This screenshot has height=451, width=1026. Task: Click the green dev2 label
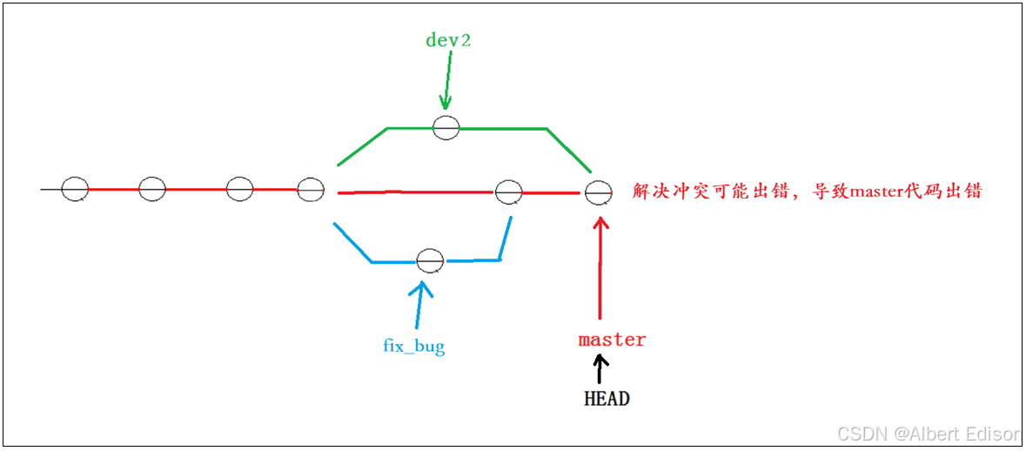[x=448, y=40]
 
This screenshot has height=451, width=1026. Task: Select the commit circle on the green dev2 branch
[x=446, y=127]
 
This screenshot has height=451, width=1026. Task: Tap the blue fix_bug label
[x=414, y=347]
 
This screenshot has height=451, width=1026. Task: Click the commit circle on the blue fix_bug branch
[x=430, y=259]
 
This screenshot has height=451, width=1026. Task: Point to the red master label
[x=612, y=340]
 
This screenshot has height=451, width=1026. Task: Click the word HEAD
[x=607, y=400]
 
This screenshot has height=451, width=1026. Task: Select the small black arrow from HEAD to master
[x=599, y=372]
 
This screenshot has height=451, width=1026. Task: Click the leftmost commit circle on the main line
[x=76, y=188]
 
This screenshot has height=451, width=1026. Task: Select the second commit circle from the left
[x=152, y=188]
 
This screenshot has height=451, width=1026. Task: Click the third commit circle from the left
[x=239, y=188]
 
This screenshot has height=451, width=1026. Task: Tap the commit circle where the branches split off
[x=311, y=189]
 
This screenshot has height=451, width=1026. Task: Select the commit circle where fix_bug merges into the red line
[x=508, y=192]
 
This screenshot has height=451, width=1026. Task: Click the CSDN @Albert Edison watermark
[x=927, y=434]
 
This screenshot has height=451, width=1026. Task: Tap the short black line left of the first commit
[x=50, y=188]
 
